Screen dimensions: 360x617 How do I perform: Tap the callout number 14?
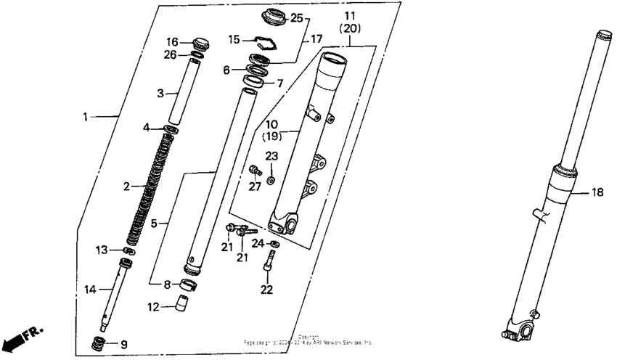(x=89, y=290)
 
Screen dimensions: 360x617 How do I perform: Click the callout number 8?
(x=166, y=284)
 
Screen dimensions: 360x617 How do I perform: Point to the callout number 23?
(x=271, y=155)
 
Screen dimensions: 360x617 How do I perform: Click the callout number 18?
(x=597, y=193)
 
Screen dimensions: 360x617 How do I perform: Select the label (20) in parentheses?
(x=349, y=27)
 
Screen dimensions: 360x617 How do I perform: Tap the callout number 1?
(x=85, y=116)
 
